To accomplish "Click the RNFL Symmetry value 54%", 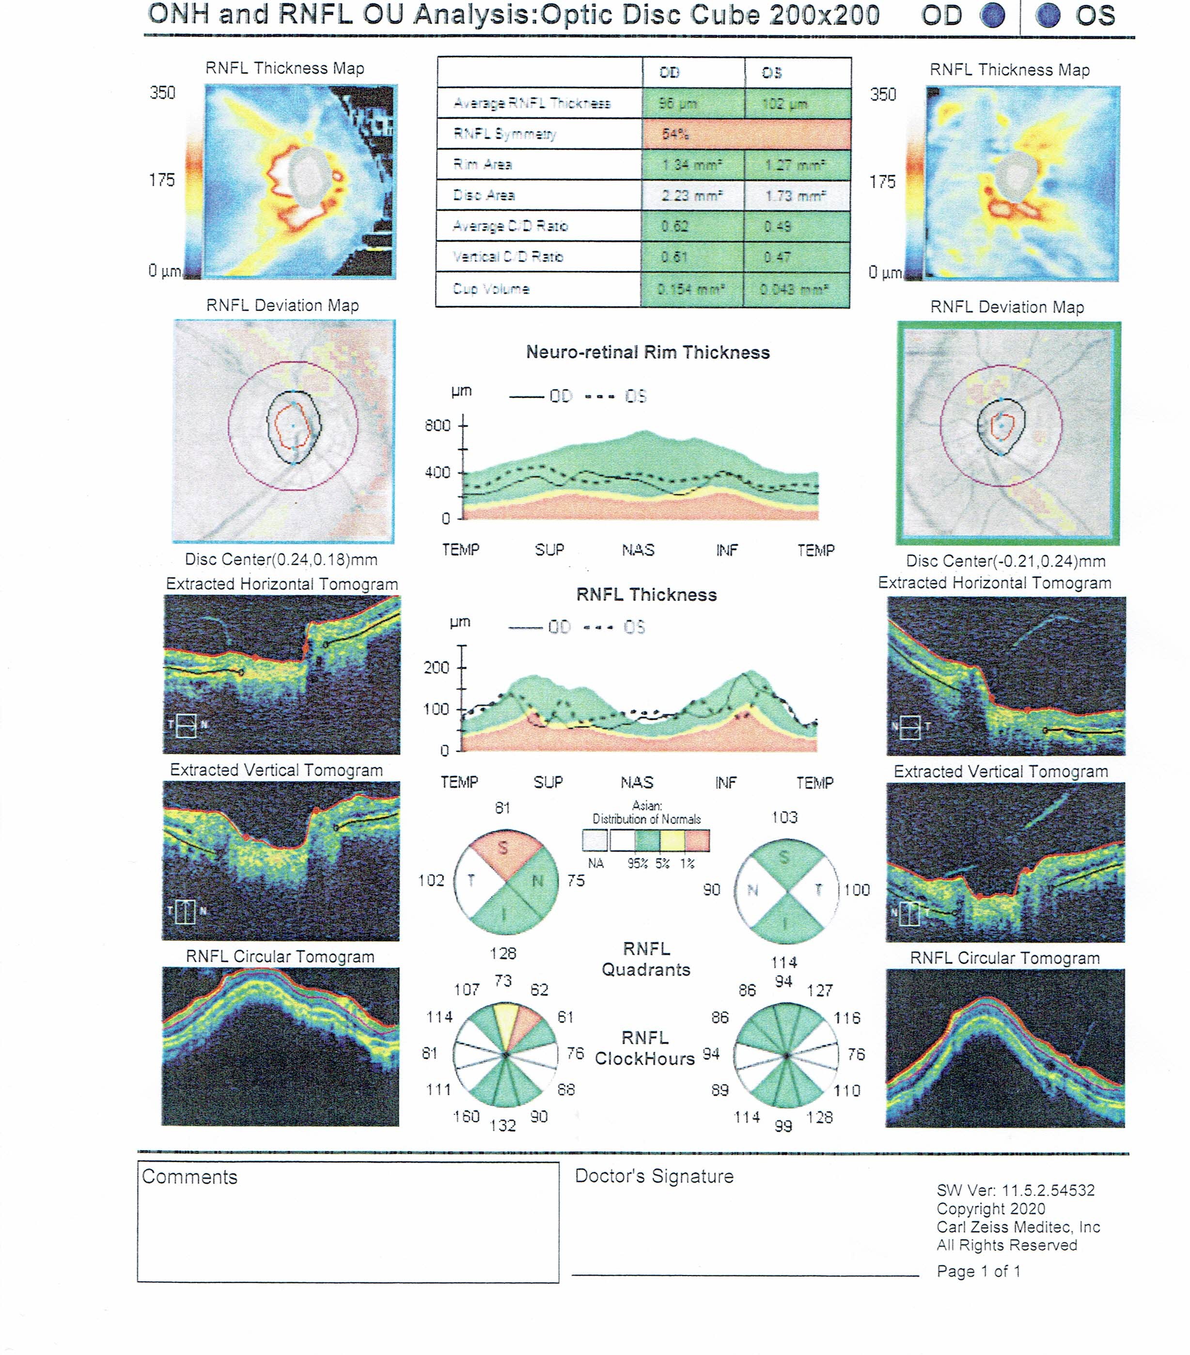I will point(675,134).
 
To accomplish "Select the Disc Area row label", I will point(484,195).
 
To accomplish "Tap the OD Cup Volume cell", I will point(691,289).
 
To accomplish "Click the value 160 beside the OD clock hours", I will point(466,1117).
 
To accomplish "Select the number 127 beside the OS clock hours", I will point(819,991).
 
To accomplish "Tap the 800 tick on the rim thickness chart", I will point(438,425).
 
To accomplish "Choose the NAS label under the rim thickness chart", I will point(638,550).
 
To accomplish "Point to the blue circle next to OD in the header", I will point(992,16).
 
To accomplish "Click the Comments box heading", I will point(189,1177).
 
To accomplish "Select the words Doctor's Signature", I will point(654,1177).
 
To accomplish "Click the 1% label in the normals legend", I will point(688,864).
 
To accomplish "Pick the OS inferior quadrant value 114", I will point(783,962).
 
